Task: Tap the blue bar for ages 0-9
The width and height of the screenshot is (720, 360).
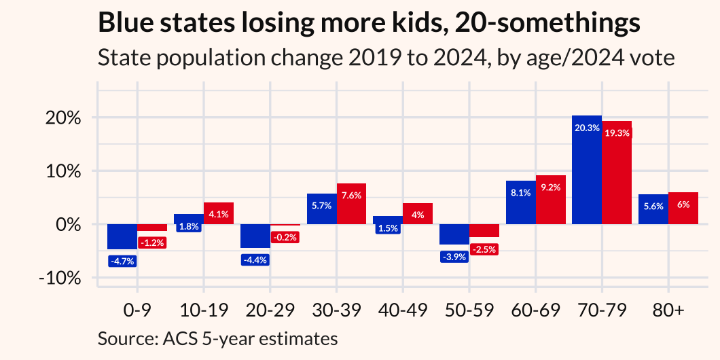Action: coord(122,236)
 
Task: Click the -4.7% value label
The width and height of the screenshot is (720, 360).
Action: coord(122,259)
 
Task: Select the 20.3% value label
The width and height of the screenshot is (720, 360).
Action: coord(587,127)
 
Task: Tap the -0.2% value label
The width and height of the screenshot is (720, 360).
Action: coord(285,238)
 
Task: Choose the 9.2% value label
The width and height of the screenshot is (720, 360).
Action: coord(550,187)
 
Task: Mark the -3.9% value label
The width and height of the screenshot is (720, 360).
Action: coord(454,257)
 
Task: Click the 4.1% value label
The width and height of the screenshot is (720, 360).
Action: coord(219,214)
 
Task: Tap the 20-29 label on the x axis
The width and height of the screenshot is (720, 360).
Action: coord(270,310)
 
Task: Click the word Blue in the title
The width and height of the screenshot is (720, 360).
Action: coord(124,24)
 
